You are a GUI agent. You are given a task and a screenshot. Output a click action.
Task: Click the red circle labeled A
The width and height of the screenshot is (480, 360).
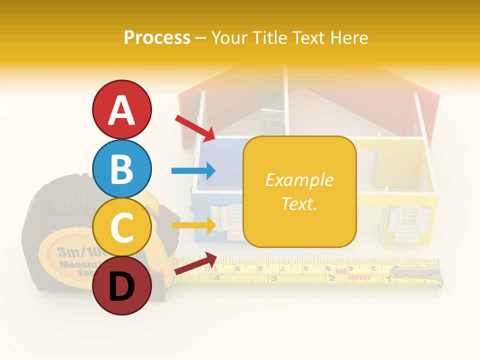[122, 109]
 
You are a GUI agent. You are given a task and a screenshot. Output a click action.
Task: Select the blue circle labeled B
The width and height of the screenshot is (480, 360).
[122, 168]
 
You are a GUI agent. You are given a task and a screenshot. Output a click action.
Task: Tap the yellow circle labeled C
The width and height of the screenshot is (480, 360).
[122, 227]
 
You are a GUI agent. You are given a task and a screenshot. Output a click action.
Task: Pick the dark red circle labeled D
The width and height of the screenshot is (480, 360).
[122, 285]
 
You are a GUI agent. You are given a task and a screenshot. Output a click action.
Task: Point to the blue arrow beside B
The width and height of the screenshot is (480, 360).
[193, 171]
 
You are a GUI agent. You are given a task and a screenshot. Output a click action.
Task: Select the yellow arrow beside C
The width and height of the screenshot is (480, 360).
[193, 225]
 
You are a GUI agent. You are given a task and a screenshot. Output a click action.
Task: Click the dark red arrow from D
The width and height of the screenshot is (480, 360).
[195, 263]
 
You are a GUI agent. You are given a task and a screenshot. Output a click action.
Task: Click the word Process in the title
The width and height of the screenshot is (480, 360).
[157, 37]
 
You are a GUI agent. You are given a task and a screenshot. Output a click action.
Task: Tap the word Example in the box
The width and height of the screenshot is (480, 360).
[299, 180]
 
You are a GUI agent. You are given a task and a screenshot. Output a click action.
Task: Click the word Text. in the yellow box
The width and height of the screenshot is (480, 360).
[299, 203]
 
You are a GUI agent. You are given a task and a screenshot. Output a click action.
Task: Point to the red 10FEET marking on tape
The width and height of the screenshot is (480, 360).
[358, 276]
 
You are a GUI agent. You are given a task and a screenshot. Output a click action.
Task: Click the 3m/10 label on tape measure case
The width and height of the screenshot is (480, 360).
[75, 251]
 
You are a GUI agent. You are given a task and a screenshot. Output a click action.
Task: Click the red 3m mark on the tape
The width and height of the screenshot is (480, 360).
[342, 270]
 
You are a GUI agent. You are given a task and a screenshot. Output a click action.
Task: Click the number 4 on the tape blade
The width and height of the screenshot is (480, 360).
[216, 277]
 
